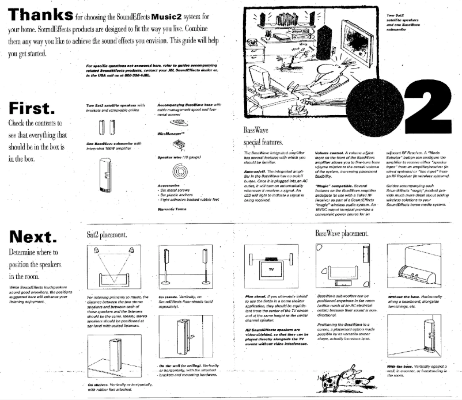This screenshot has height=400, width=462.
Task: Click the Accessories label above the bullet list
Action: (x=169, y=186)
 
